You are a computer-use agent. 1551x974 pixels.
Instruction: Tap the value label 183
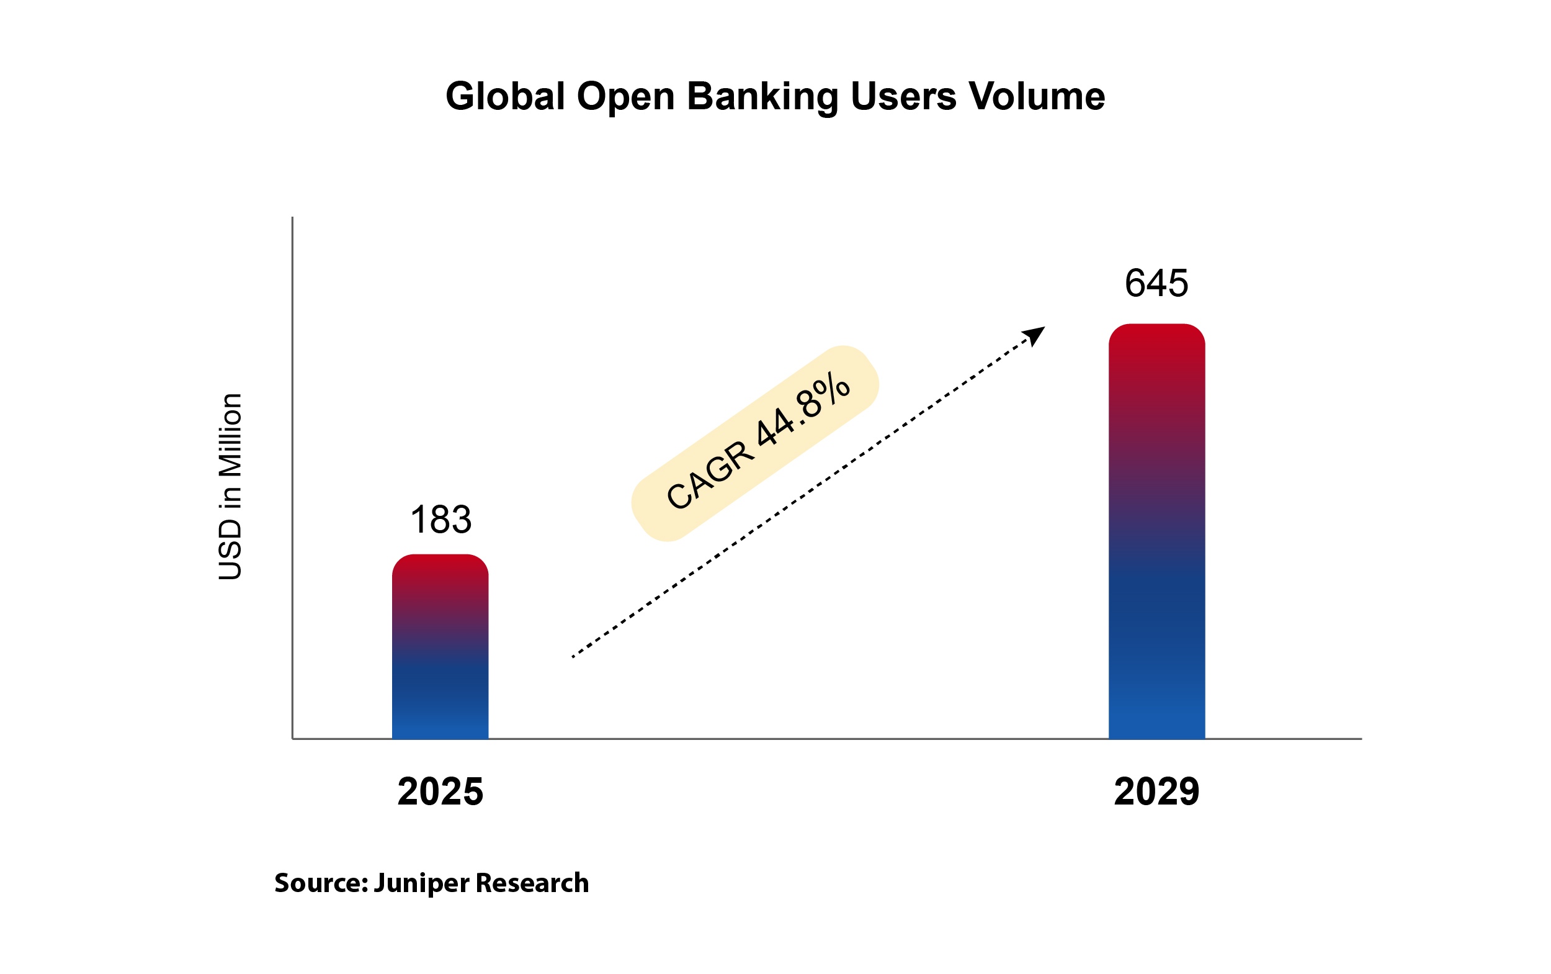[x=440, y=519]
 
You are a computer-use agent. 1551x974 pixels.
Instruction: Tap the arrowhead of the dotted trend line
[x=1035, y=335]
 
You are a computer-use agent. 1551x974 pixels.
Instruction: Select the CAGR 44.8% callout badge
[x=754, y=444]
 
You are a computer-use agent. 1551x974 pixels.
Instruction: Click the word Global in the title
[x=505, y=97]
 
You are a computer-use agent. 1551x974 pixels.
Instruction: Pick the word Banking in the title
[x=762, y=97]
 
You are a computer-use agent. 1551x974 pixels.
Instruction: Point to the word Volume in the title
[x=1037, y=97]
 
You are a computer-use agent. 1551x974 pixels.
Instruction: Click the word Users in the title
[x=903, y=97]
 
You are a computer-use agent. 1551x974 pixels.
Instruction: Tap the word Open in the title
[x=625, y=97]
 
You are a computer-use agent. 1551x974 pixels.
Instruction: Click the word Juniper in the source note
[x=421, y=883]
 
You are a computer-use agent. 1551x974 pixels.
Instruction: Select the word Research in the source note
[x=532, y=883]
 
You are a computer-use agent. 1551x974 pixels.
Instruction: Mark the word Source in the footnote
[x=317, y=883]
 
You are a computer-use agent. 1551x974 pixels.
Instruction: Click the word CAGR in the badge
[x=710, y=476]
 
